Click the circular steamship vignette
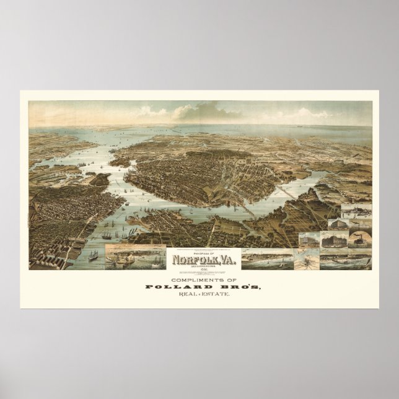[359, 239]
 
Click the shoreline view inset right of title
[260, 258]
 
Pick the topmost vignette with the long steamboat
[356, 210]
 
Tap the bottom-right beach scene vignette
[348, 258]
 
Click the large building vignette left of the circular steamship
[333, 239]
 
